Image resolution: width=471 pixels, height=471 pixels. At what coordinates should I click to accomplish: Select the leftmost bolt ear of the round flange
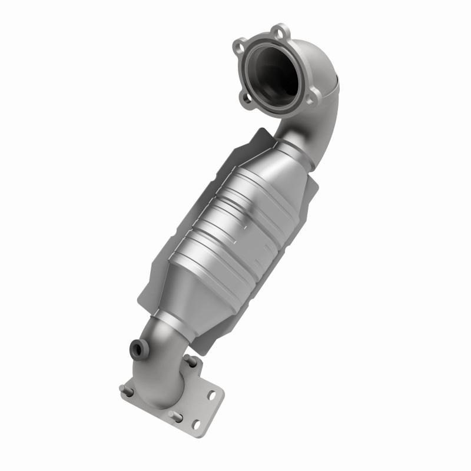240,44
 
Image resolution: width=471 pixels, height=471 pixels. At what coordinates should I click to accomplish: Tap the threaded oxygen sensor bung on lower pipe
140,349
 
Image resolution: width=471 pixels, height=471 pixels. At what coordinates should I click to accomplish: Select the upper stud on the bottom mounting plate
189,360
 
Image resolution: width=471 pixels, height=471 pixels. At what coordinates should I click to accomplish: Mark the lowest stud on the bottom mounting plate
175,416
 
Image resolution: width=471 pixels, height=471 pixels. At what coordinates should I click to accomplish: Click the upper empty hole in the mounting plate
210,396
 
